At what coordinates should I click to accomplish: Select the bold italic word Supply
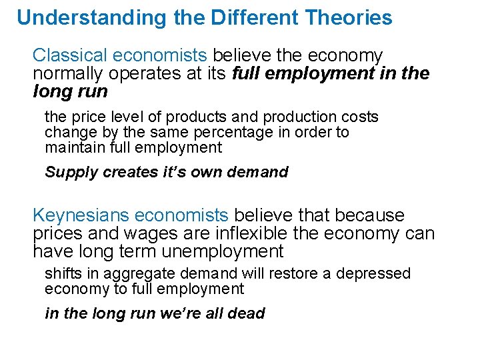point(68,173)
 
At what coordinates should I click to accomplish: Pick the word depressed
point(373,274)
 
